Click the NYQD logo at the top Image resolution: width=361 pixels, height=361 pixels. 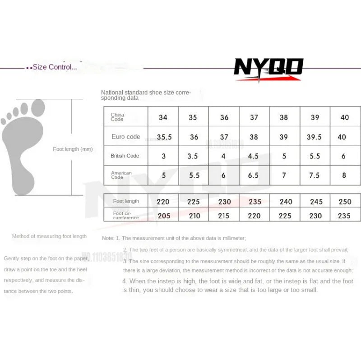pyautogui.click(x=268, y=69)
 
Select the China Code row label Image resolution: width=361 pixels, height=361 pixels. pyautogui.click(x=118, y=117)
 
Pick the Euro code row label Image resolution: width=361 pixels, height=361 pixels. pyautogui.click(x=126, y=137)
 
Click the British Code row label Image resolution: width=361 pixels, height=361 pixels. pyautogui.click(x=125, y=156)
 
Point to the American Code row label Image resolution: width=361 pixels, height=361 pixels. pyautogui.click(x=121, y=175)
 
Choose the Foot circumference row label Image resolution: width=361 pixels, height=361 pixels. pyautogui.click(x=126, y=215)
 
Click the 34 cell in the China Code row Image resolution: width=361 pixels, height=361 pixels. pyautogui.click(x=163, y=117)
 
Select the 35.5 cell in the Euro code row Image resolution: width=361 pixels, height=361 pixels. pyautogui.click(x=164, y=137)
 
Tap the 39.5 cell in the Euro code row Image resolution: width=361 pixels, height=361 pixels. pyautogui.click(x=314, y=137)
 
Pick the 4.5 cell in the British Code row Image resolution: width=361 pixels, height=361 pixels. pyautogui.click(x=254, y=156)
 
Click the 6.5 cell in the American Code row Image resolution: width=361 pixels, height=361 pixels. pyautogui.click(x=254, y=176)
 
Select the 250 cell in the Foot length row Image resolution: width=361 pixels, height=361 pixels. pyautogui.click(x=344, y=202)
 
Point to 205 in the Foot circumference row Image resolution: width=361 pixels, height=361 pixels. pyautogui.click(x=164, y=216)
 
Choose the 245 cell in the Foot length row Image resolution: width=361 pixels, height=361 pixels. pyautogui.click(x=316, y=202)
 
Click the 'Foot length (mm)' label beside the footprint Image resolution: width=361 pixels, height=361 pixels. pyautogui.click(x=73, y=149)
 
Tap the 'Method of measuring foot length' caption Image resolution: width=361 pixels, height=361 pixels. pyautogui.click(x=49, y=236)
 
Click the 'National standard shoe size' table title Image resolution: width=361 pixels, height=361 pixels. pyautogui.click(x=146, y=95)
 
